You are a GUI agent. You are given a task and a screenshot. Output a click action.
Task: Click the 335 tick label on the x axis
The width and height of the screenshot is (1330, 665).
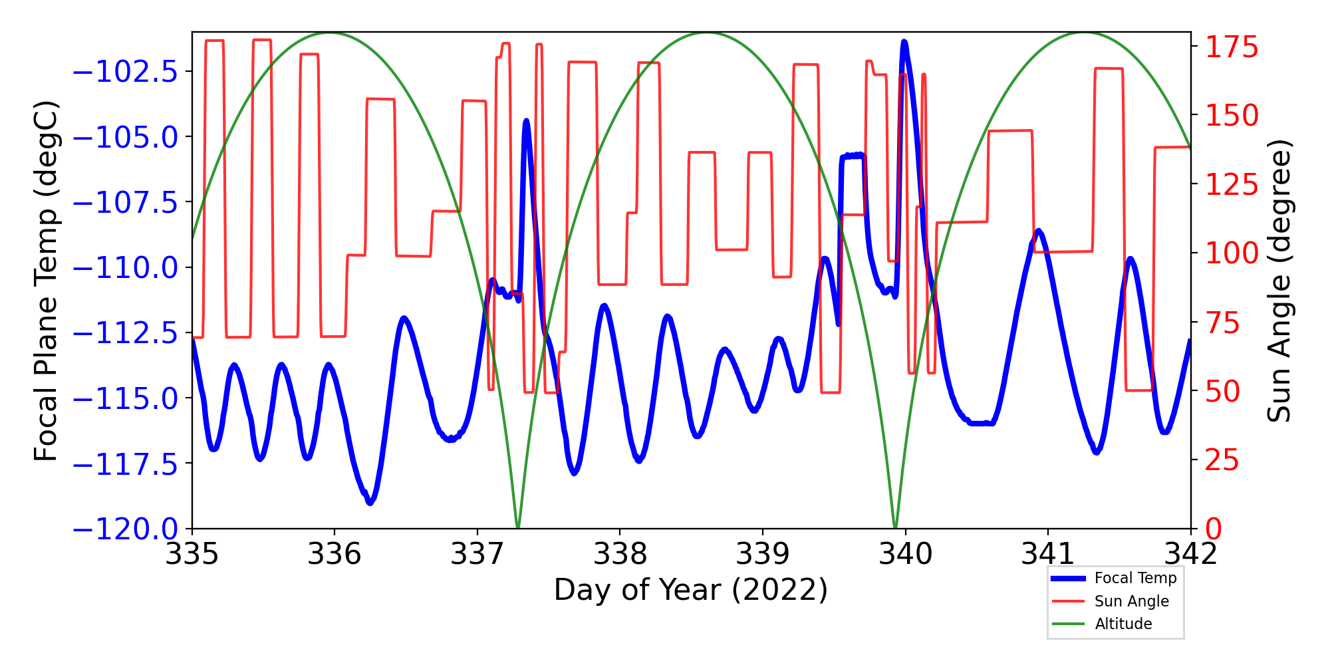point(192,554)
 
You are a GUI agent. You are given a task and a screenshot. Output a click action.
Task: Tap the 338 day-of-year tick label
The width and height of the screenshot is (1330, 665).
point(620,554)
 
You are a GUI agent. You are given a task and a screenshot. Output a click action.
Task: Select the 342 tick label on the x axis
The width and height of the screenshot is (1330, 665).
point(1190,554)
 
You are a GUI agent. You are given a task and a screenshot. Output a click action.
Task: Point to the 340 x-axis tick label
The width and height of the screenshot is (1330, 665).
point(905,554)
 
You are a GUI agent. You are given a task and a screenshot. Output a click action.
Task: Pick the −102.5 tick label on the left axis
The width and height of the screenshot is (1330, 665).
point(125,72)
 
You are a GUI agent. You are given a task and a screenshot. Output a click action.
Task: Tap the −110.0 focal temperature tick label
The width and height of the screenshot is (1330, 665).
point(125,268)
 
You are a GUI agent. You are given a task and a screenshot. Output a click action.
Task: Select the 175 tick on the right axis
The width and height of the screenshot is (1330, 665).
point(1232,48)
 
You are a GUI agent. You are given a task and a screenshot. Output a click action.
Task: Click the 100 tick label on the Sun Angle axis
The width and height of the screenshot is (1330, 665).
point(1232,253)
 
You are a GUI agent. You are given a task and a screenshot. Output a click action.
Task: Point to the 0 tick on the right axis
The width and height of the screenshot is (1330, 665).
point(1214,529)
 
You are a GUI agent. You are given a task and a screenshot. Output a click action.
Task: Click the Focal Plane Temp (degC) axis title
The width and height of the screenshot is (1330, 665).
point(47,281)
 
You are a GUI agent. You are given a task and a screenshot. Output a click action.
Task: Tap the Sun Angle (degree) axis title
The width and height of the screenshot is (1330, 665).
point(1278,281)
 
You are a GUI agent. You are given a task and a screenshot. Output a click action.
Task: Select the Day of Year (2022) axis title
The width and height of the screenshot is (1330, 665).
point(691,590)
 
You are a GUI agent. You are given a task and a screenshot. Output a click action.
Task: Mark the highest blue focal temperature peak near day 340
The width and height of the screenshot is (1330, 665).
point(904,43)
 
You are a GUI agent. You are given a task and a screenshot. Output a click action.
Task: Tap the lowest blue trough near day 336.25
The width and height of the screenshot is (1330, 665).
point(370,503)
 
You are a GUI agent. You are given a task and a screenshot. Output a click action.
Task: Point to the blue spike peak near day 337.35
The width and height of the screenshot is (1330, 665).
point(526,121)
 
